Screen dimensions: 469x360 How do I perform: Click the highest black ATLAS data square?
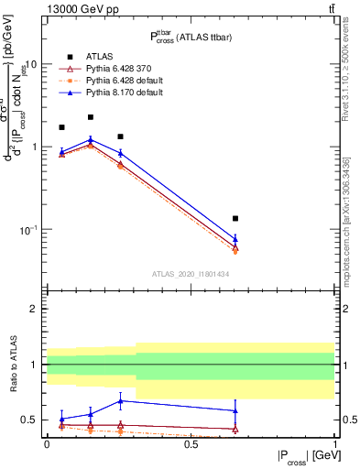[91, 117]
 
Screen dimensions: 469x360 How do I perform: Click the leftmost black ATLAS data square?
[61, 127]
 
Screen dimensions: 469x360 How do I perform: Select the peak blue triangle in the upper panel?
[91, 139]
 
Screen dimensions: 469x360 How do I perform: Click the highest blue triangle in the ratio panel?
[120, 400]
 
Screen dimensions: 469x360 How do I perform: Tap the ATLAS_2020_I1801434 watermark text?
[190, 274]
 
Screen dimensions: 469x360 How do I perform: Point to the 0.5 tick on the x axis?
[191, 443]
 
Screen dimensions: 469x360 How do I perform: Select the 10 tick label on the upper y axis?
[30, 65]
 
